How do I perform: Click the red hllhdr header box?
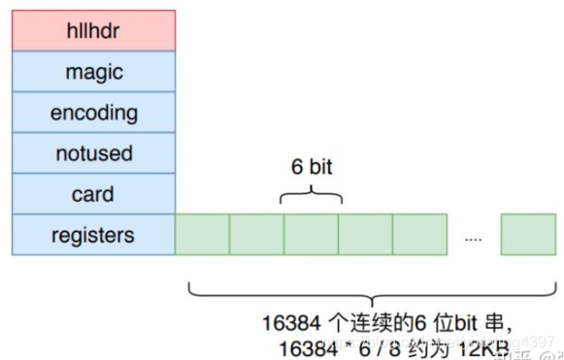coord(93,30)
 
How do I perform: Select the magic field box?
coord(93,72)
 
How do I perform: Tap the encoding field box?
coord(93,113)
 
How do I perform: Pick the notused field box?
coord(93,153)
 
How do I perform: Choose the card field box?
coord(93,194)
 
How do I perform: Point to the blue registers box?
coord(93,235)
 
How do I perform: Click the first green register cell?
coord(202,235)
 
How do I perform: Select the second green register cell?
coord(256,235)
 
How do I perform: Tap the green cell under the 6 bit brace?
coord(311,235)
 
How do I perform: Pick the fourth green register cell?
coord(365,235)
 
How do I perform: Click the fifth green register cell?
coord(419,235)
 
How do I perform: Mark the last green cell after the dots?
coord(528,235)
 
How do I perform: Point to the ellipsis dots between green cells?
coord(473,238)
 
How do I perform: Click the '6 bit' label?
coord(312,167)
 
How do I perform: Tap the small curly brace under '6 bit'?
coord(312,196)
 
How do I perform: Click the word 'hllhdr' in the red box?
coord(93,30)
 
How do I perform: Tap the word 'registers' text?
coord(93,235)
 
